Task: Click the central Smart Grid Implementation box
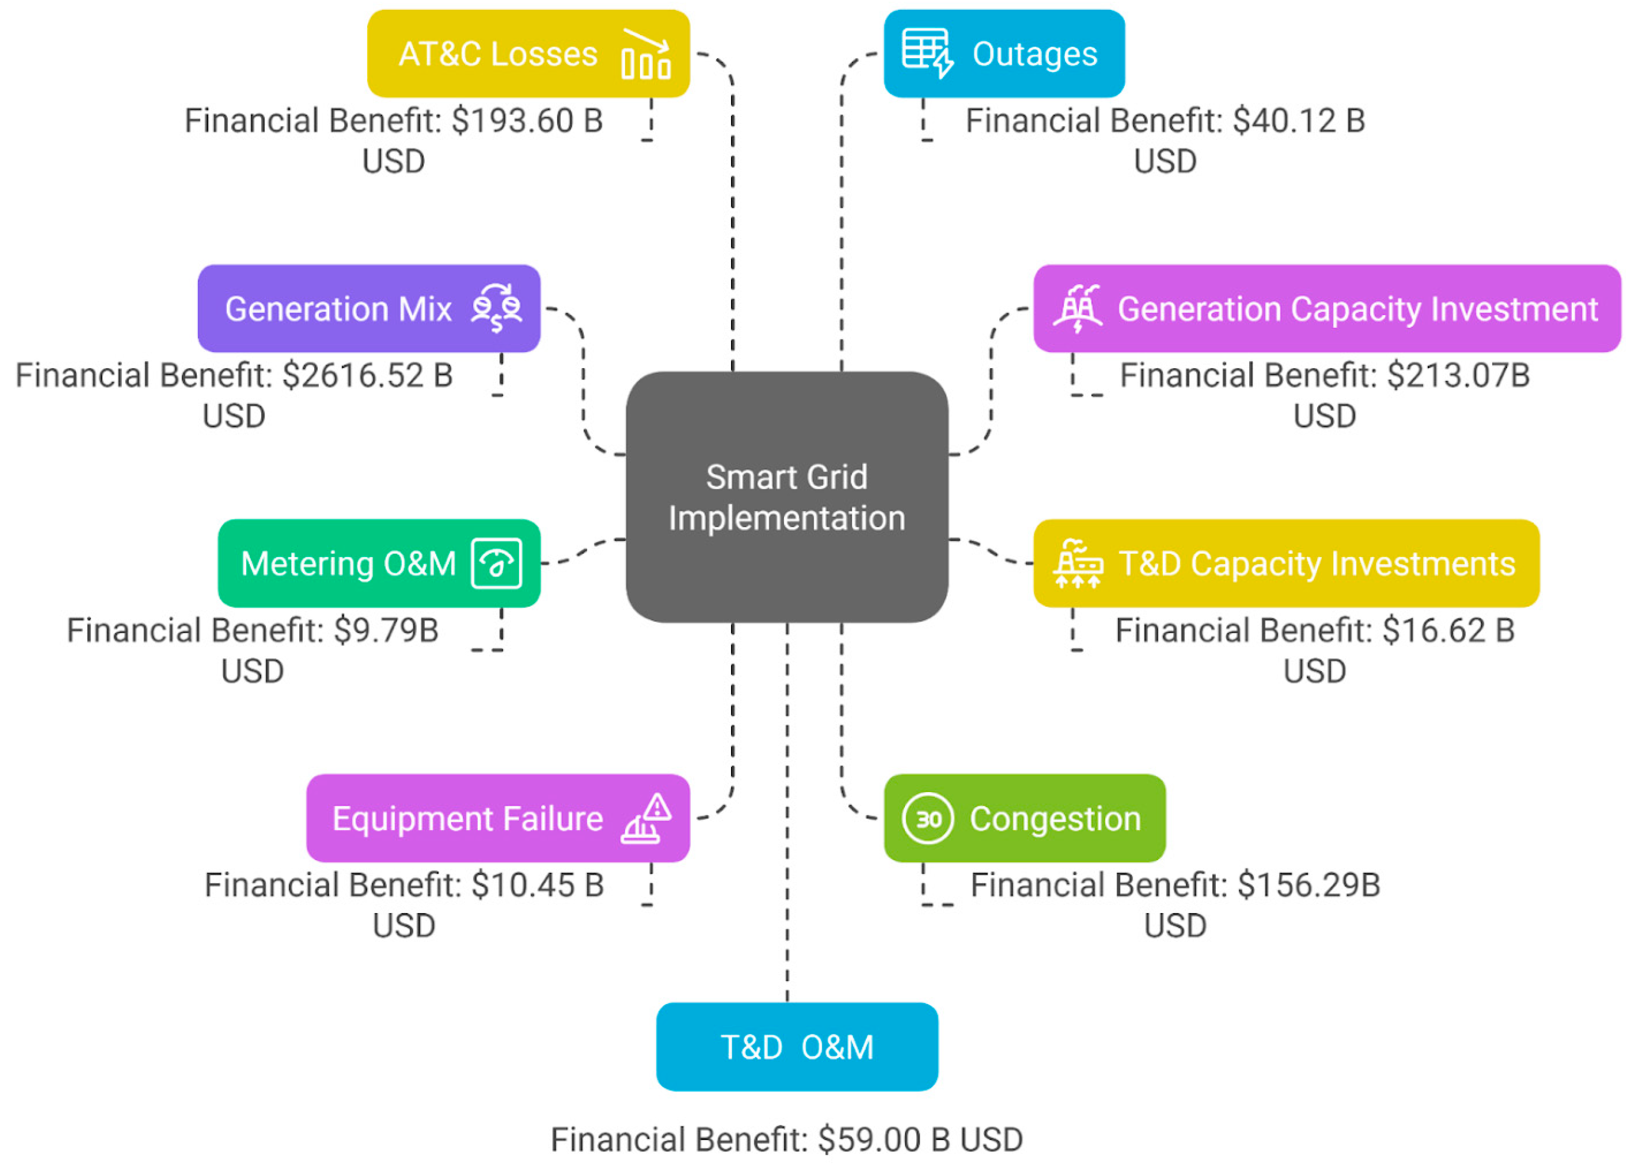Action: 786,497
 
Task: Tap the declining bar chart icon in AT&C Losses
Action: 646,54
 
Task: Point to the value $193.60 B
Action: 527,121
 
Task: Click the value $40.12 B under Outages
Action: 1298,121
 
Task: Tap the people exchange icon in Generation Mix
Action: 496,308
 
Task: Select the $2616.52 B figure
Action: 367,375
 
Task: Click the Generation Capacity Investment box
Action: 1327,308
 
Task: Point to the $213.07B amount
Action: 1458,375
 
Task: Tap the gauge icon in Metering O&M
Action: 496,563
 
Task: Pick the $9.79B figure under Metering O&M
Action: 386,630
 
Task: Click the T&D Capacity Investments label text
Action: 1316,563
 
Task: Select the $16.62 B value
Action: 1447,630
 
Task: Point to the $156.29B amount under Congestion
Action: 1308,885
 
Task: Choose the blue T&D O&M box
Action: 797,1047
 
